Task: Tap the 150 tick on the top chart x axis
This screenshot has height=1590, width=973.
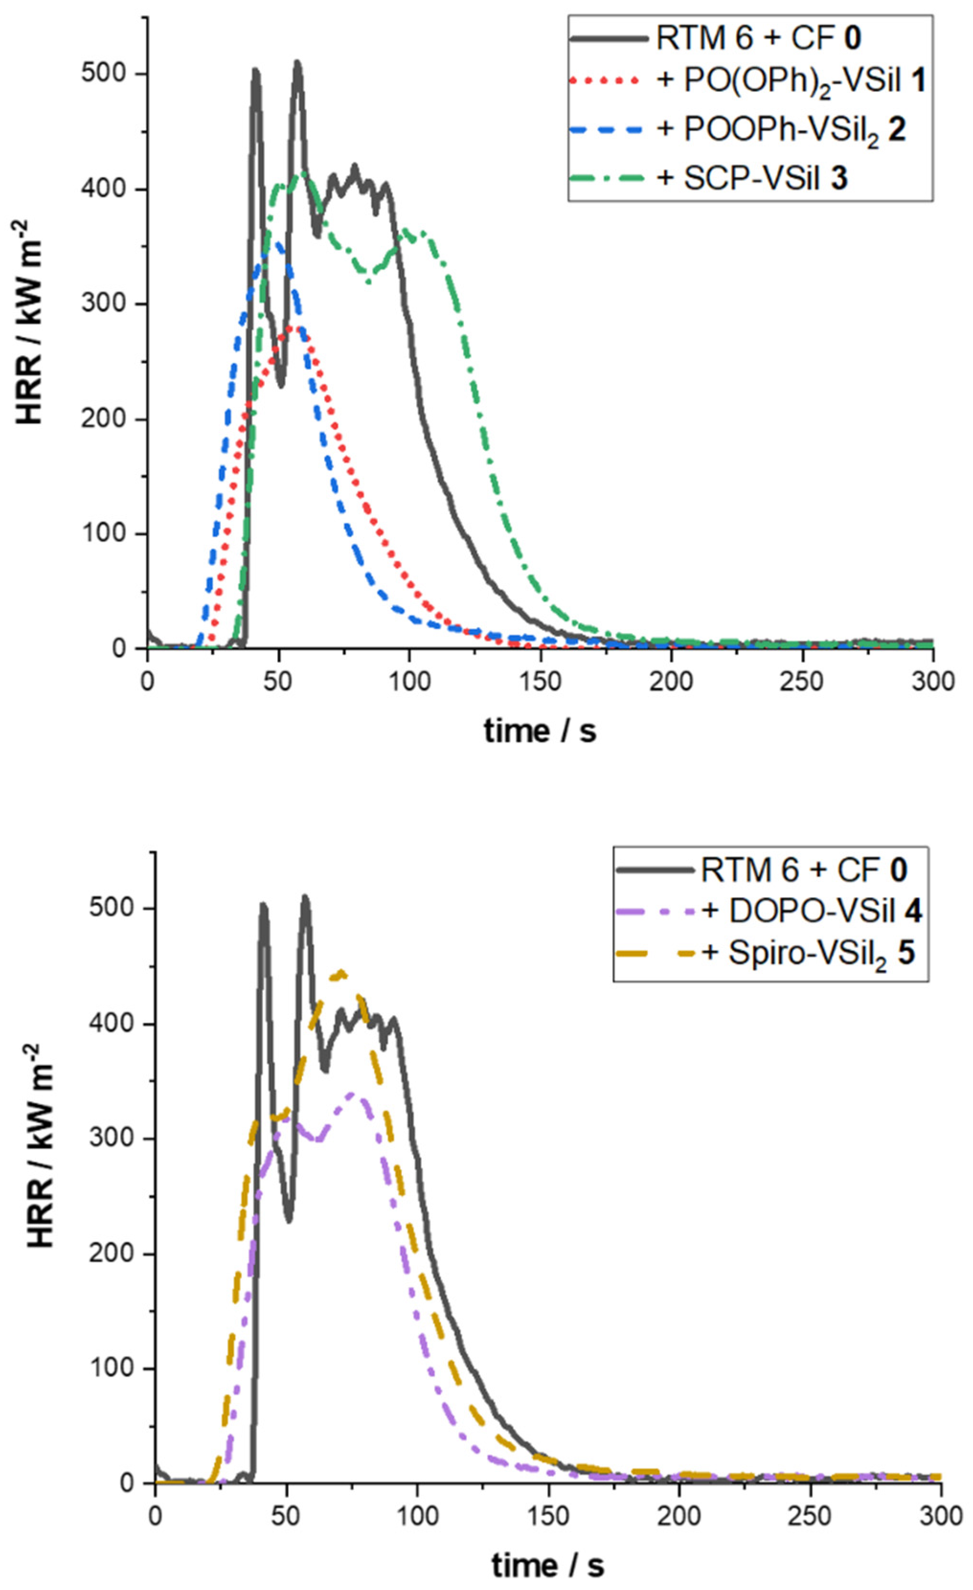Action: pos(541,681)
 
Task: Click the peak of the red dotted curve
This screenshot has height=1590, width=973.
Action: pos(294,328)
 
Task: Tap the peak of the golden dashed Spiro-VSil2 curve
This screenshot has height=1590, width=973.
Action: pos(342,972)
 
